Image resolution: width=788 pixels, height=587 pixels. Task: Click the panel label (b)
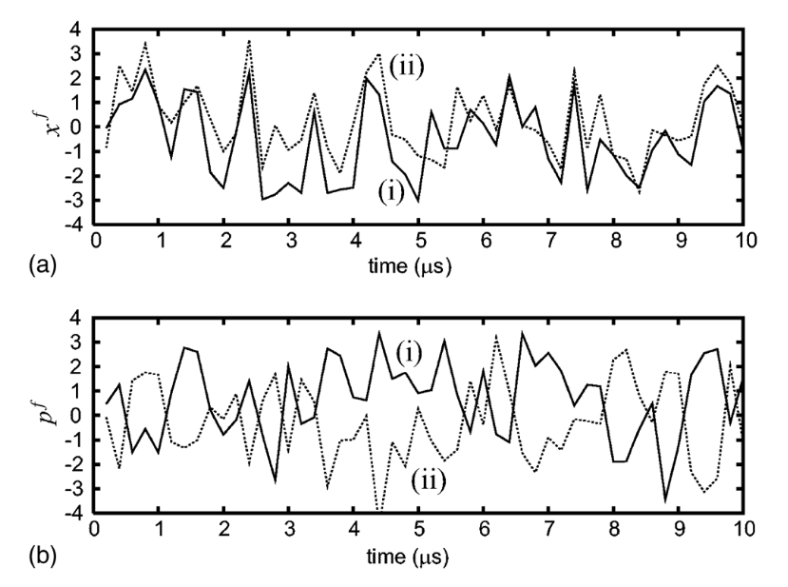point(43,556)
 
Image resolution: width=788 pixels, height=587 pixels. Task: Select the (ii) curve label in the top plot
point(406,67)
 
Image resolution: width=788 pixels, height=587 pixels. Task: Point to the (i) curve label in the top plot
point(391,193)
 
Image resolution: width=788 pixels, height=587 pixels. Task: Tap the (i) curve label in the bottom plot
point(409,354)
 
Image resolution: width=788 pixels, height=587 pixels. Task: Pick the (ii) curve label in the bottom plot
point(429,480)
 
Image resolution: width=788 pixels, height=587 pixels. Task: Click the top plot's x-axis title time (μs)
point(410,265)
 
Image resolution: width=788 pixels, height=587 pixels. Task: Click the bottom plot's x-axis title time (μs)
point(408,557)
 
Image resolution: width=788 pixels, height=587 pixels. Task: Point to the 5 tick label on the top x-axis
point(421,241)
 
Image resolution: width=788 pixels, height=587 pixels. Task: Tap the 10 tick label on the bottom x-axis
point(742,529)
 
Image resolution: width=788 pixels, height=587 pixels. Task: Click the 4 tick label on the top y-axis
point(75,29)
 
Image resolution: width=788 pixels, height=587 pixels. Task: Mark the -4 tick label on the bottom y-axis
point(71,514)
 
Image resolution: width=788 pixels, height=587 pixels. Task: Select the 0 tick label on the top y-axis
point(75,127)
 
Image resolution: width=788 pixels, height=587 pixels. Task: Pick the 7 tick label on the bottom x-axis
point(548,529)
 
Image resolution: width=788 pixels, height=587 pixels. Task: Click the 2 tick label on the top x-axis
point(225,241)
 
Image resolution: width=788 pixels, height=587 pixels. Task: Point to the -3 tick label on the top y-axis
point(71,201)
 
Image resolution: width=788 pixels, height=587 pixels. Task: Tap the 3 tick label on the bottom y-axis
point(75,342)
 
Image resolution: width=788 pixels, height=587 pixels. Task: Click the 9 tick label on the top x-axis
point(681,241)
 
